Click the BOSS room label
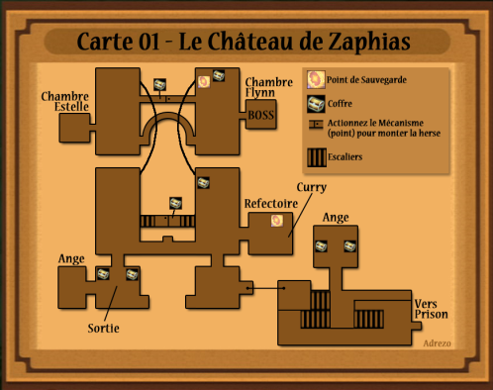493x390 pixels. click(x=260, y=115)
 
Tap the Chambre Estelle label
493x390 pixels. click(x=65, y=101)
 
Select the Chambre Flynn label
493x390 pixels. click(x=268, y=87)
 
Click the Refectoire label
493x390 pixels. click(x=271, y=203)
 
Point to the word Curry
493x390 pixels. click(x=312, y=187)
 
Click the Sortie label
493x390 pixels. click(x=103, y=328)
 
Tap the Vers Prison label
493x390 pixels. click(x=431, y=309)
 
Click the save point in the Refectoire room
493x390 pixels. click(x=277, y=221)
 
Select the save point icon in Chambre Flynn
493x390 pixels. click(x=204, y=81)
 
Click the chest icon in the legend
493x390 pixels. click(x=316, y=104)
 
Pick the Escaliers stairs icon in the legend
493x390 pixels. click(x=317, y=157)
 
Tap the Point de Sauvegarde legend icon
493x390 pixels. click(x=316, y=79)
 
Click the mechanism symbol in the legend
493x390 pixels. click(x=316, y=125)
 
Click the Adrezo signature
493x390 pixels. click(x=437, y=343)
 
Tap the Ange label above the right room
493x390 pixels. click(x=336, y=218)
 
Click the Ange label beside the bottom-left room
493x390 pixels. click(x=71, y=258)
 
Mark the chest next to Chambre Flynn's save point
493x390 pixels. click(x=219, y=75)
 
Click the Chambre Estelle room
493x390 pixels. click(x=74, y=128)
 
